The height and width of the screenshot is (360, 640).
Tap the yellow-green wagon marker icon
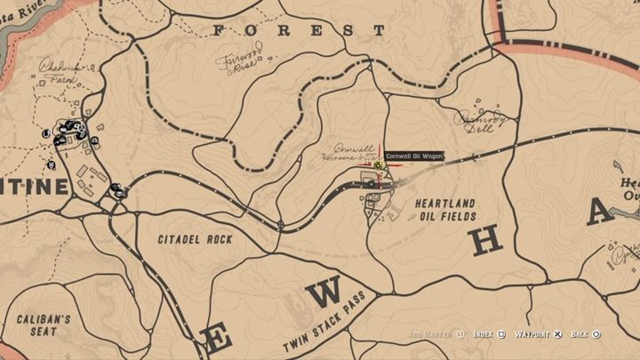[x=379, y=165]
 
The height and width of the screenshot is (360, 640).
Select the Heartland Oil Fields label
[x=446, y=210]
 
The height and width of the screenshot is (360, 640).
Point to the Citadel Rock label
[x=195, y=239]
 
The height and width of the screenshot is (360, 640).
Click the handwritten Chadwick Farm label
[x=61, y=70]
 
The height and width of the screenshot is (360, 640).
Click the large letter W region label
[x=327, y=292]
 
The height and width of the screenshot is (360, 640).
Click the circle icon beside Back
[x=596, y=334]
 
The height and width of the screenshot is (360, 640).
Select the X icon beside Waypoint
[x=557, y=334]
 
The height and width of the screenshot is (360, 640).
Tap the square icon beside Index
[x=502, y=334]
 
